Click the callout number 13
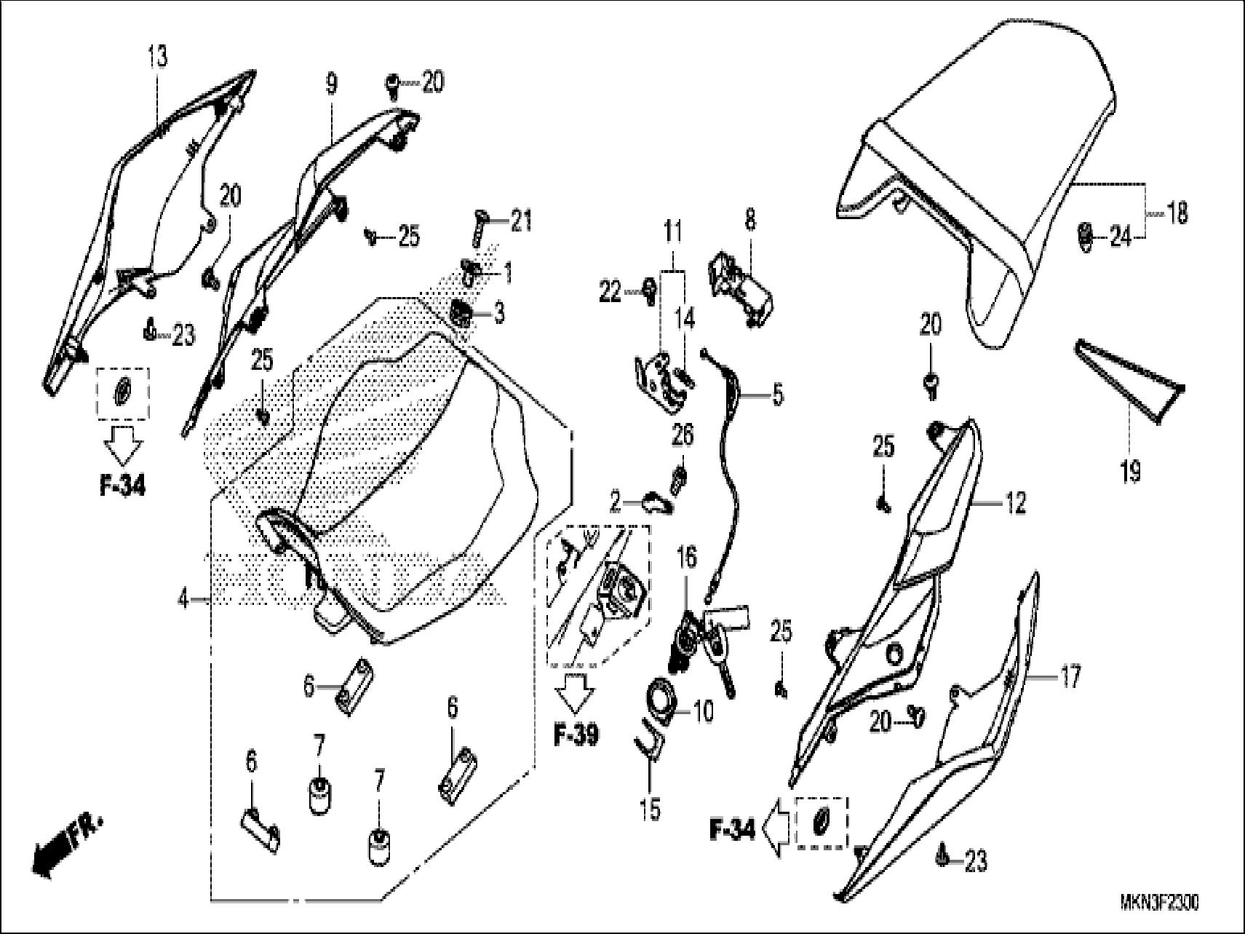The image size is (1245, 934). (x=157, y=56)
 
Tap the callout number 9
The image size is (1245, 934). (x=331, y=84)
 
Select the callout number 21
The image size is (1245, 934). (x=521, y=221)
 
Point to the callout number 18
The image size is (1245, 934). (x=1177, y=213)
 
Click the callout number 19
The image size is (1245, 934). (x=1130, y=471)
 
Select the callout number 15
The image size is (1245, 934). (x=651, y=808)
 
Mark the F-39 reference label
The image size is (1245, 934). (x=575, y=735)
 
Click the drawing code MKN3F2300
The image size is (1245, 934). (x=1159, y=903)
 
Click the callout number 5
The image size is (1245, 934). (x=777, y=395)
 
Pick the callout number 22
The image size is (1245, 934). (x=610, y=292)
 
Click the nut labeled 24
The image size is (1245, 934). (x=1083, y=237)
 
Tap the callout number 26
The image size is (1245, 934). (x=683, y=435)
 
